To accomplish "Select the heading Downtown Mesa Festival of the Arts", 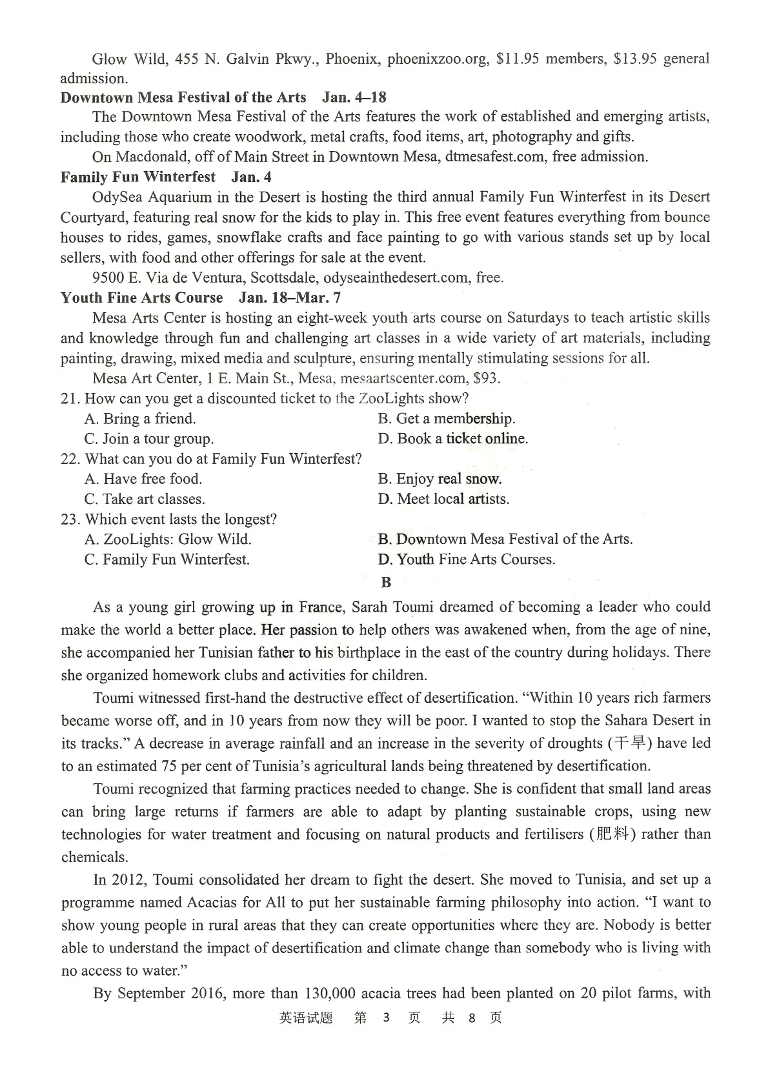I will coord(183,97).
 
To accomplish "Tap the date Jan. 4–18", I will coord(354,97).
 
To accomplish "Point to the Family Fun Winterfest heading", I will coord(138,177).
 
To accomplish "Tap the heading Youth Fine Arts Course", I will coord(142,297).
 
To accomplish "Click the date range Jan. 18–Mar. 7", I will coord(290,297).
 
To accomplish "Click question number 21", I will coord(70,399).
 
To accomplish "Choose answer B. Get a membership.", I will coord(447,419).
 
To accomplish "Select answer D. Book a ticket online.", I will coord(453,439).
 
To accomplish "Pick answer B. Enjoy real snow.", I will coord(440,479).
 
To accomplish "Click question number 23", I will coord(70,519).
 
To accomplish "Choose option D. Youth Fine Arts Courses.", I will coord(467,559).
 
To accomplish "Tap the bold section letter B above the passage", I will coord(386,583).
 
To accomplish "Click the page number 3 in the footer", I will coord(386,1018).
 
